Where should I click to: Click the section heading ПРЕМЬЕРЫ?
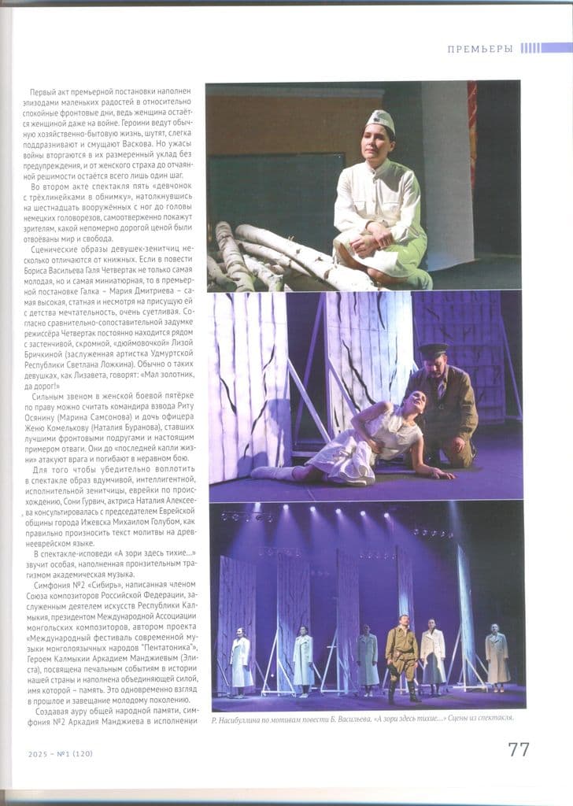pos(480,49)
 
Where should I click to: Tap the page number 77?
pos(518,749)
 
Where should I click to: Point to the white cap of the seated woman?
pos(380,120)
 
